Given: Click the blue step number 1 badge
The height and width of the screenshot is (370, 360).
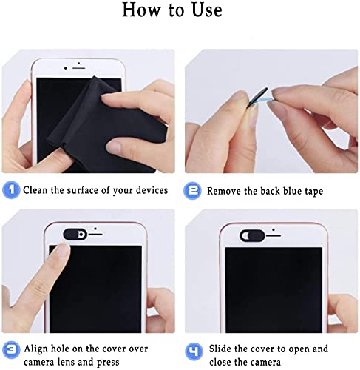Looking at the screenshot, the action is pyautogui.click(x=11, y=189).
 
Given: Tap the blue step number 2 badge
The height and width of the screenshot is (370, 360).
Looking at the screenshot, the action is pyautogui.click(x=192, y=190).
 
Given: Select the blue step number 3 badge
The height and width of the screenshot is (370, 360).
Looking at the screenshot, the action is pyautogui.click(x=11, y=350).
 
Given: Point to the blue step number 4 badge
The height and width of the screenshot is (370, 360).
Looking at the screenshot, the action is pyautogui.click(x=194, y=351).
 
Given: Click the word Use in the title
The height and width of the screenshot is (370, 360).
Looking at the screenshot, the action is pyautogui.click(x=207, y=10).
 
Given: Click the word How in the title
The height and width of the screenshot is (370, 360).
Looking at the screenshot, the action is pyautogui.click(x=141, y=10).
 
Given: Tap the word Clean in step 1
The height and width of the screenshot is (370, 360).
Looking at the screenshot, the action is pyautogui.click(x=35, y=190).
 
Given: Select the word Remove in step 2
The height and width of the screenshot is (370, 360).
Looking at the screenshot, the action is pyautogui.click(x=223, y=191).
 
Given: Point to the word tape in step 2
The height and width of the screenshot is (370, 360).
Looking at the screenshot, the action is pyautogui.click(x=313, y=192).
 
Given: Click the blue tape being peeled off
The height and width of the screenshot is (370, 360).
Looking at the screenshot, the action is pyautogui.click(x=265, y=101).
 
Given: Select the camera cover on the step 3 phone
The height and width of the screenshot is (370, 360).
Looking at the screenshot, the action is pyautogui.click(x=75, y=234).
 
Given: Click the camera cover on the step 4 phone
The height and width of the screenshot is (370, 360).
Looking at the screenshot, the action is pyautogui.click(x=252, y=235).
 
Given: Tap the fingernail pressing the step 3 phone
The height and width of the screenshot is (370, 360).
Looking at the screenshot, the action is pyautogui.click(x=62, y=251).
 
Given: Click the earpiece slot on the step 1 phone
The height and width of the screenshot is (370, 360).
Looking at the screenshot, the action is pyautogui.click(x=79, y=68).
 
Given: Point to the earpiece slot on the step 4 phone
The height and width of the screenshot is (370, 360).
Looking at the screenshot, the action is pyautogui.click(x=274, y=236).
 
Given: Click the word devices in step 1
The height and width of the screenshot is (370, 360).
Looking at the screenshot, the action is pyautogui.click(x=152, y=190).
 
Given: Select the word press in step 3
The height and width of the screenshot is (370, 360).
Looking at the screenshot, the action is pyautogui.click(x=108, y=363).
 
